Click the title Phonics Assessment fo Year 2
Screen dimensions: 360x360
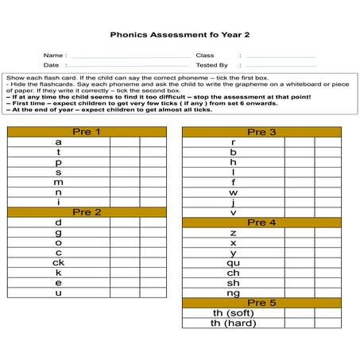[x=180, y=35]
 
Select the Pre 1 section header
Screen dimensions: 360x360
[x=86, y=131]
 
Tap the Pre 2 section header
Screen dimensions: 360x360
[x=86, y=212]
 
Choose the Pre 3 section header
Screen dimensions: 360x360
[x=261, y=131]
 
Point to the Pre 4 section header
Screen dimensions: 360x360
[x=261, y=223]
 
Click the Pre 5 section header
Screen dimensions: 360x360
[x=261, y=303]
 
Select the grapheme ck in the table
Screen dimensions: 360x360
[x=59, y=262]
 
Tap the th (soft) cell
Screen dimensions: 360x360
[x=233, y=313]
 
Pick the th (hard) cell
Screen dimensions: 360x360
[x=233, y=323]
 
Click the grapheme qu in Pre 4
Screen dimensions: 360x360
[x=233, y=262]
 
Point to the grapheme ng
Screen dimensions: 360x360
[x=233, y=292]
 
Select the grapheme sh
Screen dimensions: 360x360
[x=233, y=282]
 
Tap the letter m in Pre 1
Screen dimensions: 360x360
[x=59, y=182]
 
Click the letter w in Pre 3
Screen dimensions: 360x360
[x=233, y=192]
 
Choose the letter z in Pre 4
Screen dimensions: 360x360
[x=233, y=233]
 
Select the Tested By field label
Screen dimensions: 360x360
[x=211, y=65]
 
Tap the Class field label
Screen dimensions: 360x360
[x=205, y=56]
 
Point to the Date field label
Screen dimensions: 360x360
[x=51, y=65]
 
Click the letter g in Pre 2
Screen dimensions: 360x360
[x=59, y=232]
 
